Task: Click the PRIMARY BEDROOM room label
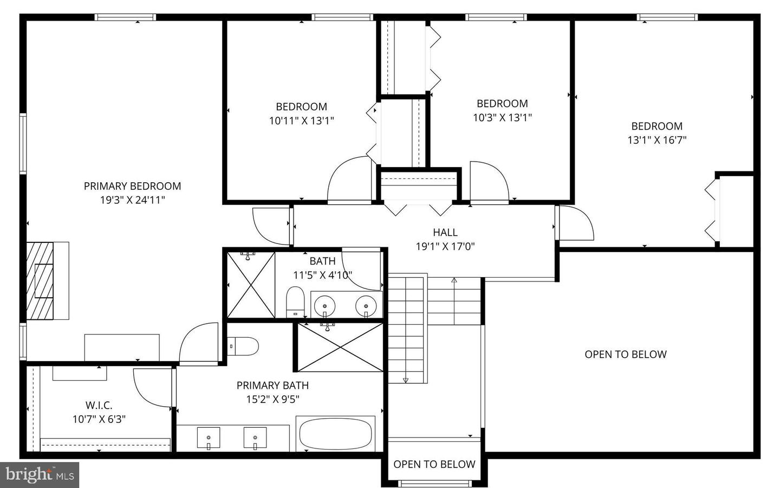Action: tap(132, 186)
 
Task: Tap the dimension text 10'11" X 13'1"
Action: tap(301, 121)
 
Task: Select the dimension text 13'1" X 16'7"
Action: tap(656, 140)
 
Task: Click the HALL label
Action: tap(445, 233)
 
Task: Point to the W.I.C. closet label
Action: tap(99, 405)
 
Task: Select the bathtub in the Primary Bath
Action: tap(336, 433)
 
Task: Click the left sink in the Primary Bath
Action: tap(209, 437)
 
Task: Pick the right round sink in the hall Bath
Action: tap(366, 306)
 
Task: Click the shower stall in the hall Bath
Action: tap(251, 285)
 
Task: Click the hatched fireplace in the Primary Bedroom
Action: tap(41, 281)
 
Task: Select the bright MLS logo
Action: tap(40, 474)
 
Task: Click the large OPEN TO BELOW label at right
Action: tap(625, 355)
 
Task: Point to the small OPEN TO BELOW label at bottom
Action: tap(434, 464)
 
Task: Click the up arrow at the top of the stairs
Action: tap(454, 281)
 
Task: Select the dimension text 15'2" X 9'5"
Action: tap(272, 400)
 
